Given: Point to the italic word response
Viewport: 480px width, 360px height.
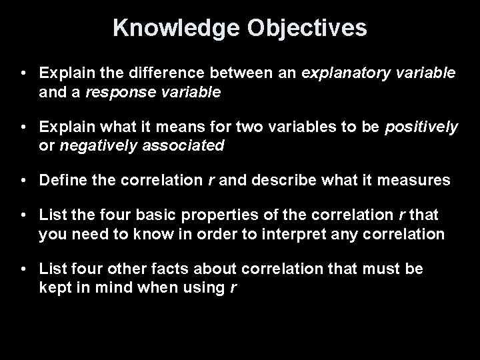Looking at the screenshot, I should point(116,93).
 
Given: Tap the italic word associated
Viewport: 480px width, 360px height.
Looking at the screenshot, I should point(181,147).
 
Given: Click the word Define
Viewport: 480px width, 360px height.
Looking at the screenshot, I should point(62,179).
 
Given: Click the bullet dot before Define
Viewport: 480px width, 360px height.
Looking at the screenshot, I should point(24,180).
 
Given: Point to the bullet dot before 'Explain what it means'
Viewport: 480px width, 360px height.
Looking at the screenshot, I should point(24,126).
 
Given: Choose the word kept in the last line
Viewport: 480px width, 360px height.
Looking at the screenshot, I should point(55,288).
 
